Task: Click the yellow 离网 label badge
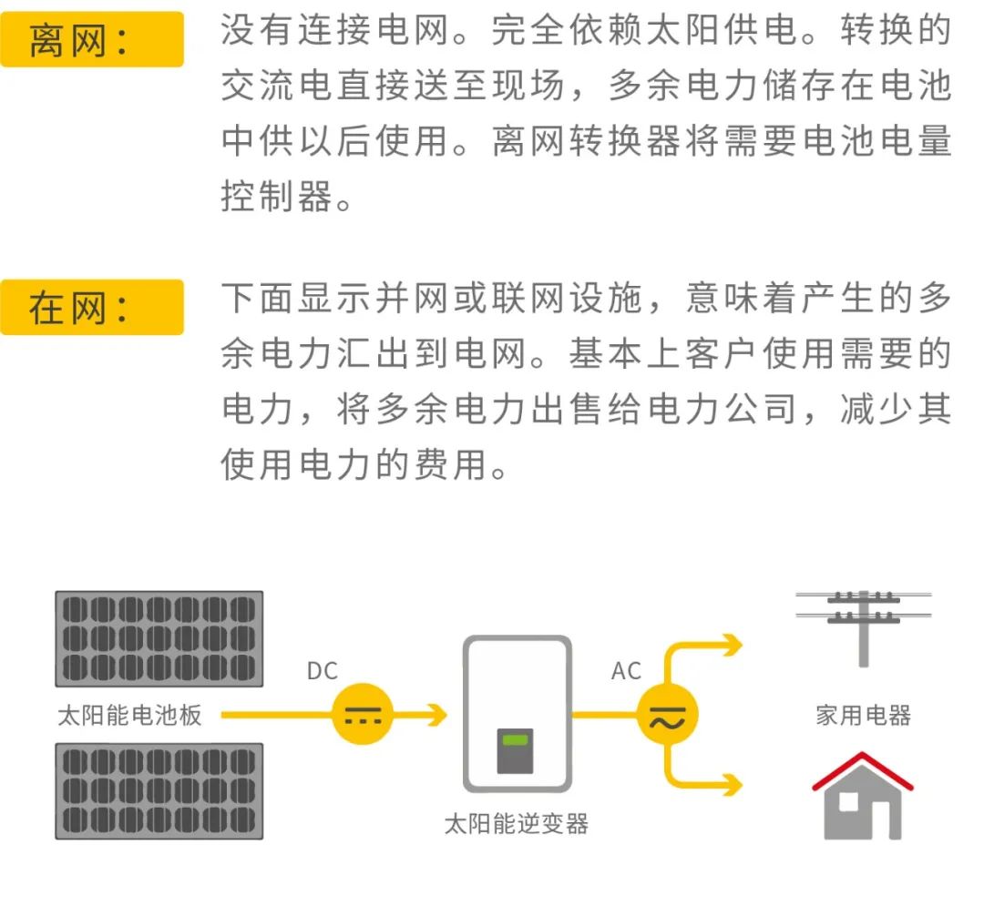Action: pyautogui.click(x=92, y=39)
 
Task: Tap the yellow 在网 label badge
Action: pyautogui.click(x=92, y=307)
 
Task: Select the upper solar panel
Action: pyautogui.click(x=159, y=638)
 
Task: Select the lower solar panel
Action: pyautogui.click(x=159, y=791)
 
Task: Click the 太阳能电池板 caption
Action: pyautogui.click(x=130, y=716)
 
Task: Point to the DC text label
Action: pyautogui.click(x=322, y=671)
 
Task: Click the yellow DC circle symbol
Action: pyautogui.click(x=363, y=714)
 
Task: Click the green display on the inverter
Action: pyautogui.click(x=515, y=740)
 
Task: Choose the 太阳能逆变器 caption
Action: pyautogui.click(x=517, y=824)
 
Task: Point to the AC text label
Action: pyautogui.click(x=626, y=671)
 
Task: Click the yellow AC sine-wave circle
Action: pyautogui.click(x=668, y=714)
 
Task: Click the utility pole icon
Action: pyautogui.click(x=864, y=628)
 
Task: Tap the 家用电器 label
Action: pyautogui.click(x=864, y=716)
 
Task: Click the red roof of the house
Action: pyautogui.click(x=863, y=770)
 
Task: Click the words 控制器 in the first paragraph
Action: pyautogui.click(x=277, y=197)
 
